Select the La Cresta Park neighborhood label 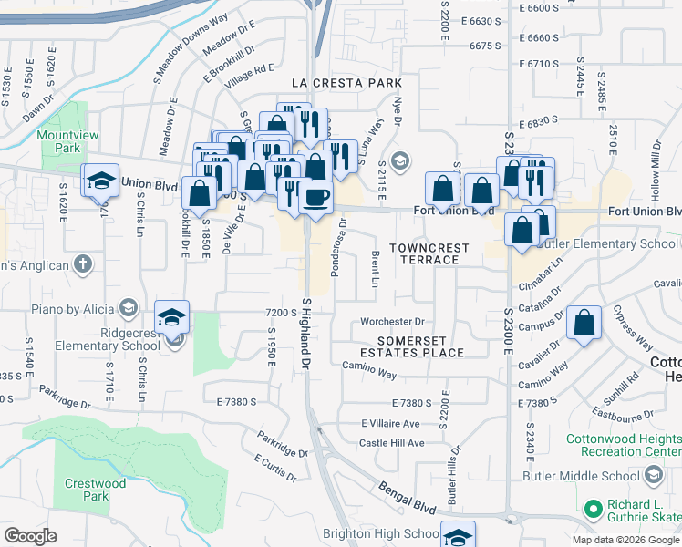click(x=346, y=83)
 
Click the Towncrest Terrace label click(x=429, y=253)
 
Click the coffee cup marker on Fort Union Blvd click(x=315, y=199)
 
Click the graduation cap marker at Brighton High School click(x=458, y=536)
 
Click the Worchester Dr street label click(x=393, y=321)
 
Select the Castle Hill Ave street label click(x=392, y=443)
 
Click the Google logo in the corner click(x=31, y=535)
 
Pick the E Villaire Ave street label click(x=390, y=424)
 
